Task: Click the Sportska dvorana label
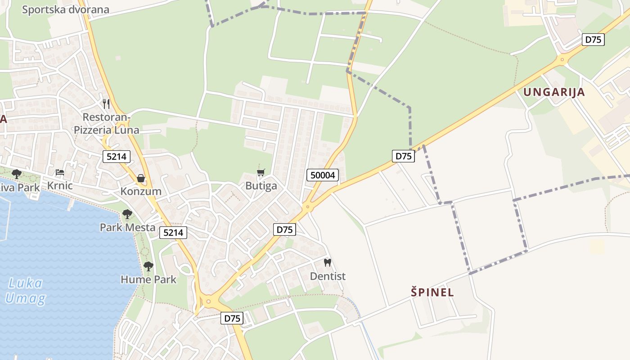66,9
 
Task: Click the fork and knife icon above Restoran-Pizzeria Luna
106,104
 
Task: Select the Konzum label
141,191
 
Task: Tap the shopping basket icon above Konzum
141,179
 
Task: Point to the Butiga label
261,186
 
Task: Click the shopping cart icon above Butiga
261,173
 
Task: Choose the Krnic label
60,186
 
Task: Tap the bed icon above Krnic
60,172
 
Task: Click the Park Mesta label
127,227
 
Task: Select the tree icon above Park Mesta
127,214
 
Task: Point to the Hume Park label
148,279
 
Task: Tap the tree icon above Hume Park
148,266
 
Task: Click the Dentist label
328,276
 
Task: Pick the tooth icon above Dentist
328,262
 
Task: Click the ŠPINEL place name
432,292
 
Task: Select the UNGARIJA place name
554,92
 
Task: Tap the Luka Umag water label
26,291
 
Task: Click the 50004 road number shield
323,175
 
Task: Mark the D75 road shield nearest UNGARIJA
593,40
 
